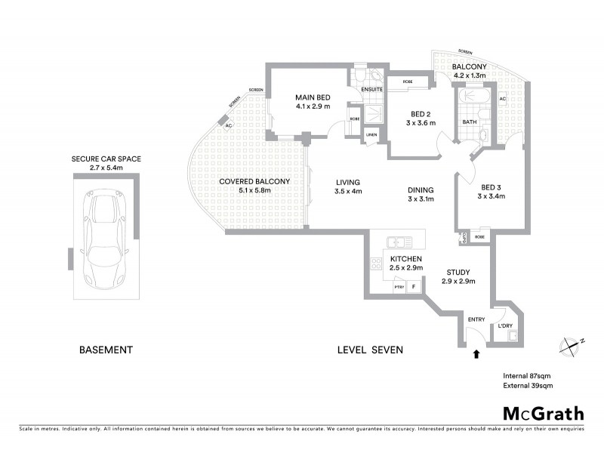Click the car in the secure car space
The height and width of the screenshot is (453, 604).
click(105, 236)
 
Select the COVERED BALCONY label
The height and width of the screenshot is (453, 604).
click(245, 181)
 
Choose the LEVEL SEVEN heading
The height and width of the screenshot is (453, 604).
click(371, 350)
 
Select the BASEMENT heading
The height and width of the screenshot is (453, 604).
click(106, 350)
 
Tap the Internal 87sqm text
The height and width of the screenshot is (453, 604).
click(528, 375)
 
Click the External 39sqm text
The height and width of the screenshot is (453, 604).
click(528, 386)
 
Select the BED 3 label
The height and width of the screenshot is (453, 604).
click(491, 187)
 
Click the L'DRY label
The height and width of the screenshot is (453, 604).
click(505, 326)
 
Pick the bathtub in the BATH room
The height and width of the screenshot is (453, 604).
click(469, 99)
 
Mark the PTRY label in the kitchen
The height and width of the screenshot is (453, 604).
click(399, 287)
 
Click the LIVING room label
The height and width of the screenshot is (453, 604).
click(348, 182)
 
